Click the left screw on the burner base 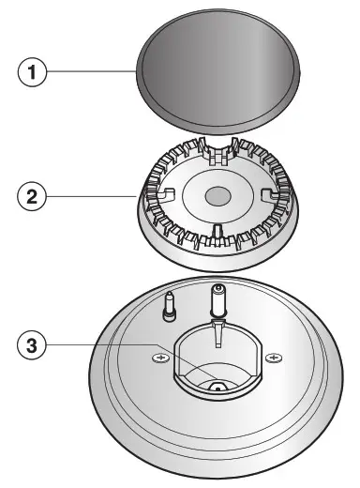tap(160, 358)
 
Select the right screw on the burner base tap(274, 357)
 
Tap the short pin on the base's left tap(169, 305)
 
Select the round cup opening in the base tap(217, 361)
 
